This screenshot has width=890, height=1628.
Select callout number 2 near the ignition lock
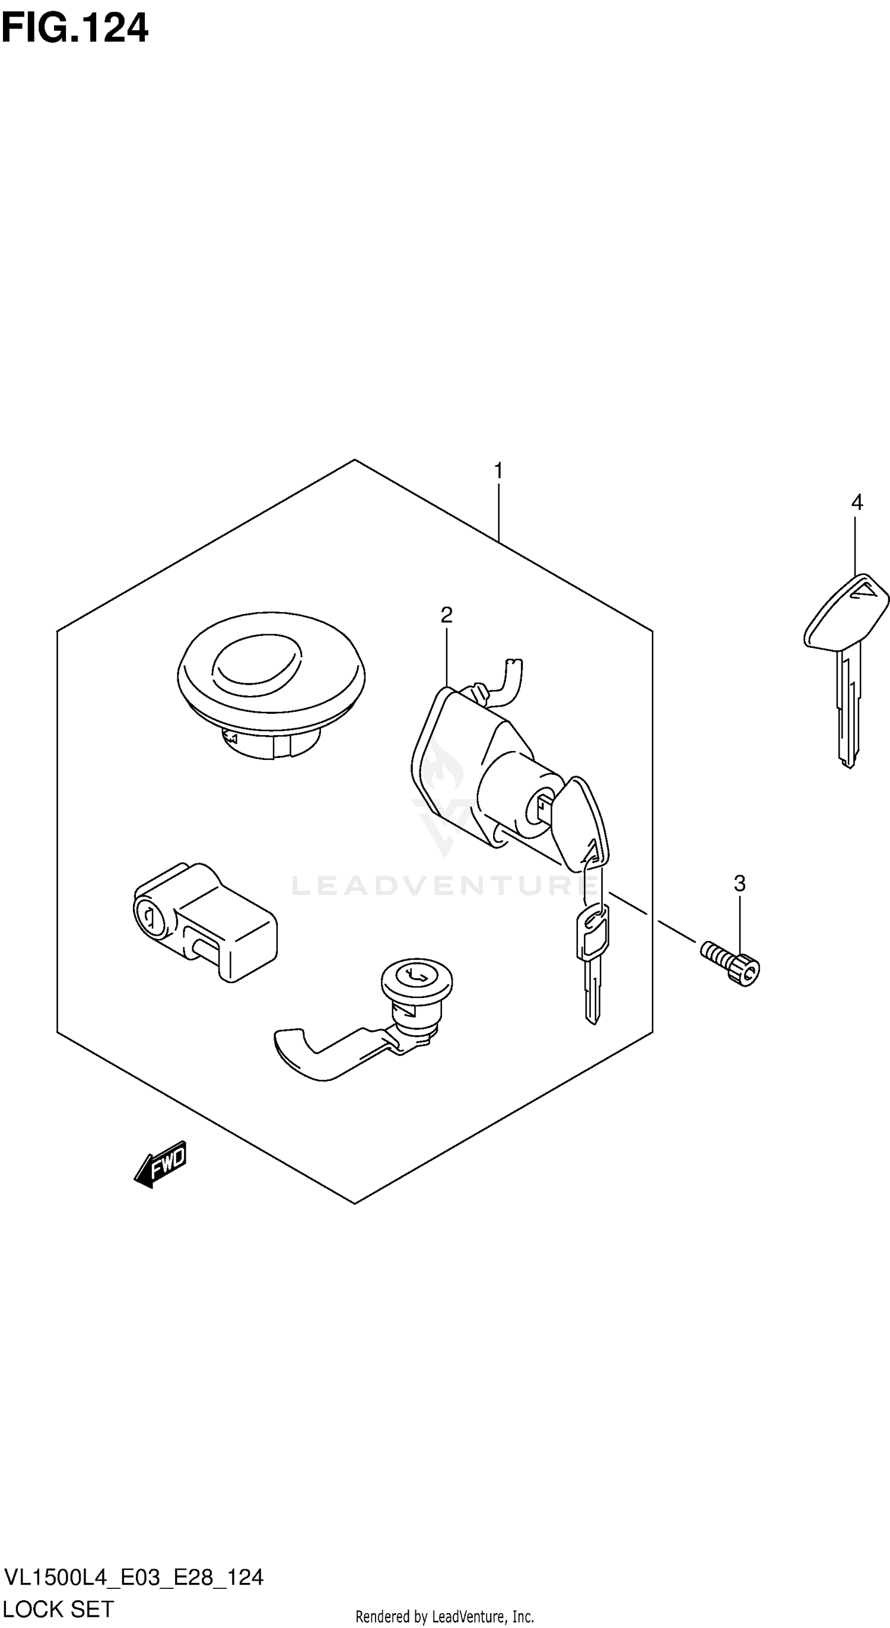[x=446, y=614]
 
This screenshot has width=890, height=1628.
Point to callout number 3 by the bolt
[x=739, y=883]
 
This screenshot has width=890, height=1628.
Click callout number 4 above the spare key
[x=857, y=503]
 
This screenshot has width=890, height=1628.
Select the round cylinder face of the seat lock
[x=417, y=979]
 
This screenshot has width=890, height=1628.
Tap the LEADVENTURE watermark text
[x=443, y=885]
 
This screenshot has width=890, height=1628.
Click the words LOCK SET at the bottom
[x=58, y=1608]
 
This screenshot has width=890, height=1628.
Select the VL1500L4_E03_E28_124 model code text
[x=133, y=1578]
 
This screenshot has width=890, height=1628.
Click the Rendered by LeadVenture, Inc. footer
[x=444, y=1617]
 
